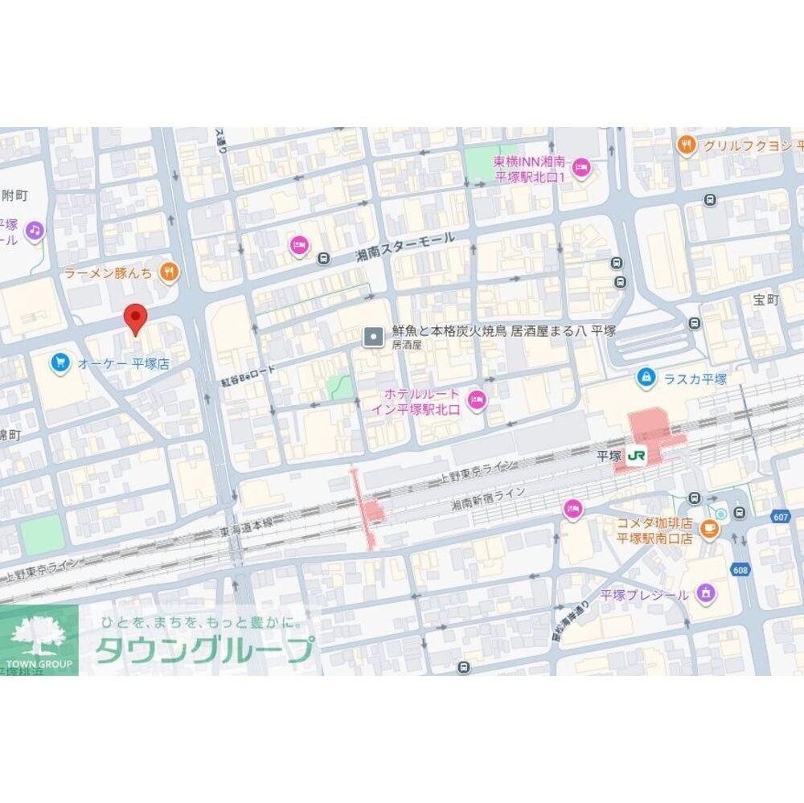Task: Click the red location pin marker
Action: pos(135,318)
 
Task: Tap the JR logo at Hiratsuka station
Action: pos(637,456)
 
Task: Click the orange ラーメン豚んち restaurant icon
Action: pos(168,272)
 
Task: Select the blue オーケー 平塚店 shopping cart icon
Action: pos(59,363)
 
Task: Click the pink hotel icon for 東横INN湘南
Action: pos(582,168)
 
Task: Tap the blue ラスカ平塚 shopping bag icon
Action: pos(645,376)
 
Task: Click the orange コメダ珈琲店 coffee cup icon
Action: pos(708,527)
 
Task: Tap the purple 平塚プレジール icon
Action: pos(706,594)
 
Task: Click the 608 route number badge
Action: pos(741,569)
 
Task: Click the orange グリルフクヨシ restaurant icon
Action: pos(686,145)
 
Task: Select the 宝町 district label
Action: pos(766,301)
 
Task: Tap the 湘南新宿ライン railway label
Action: pos(487,498)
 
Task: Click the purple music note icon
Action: pos(34,231)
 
